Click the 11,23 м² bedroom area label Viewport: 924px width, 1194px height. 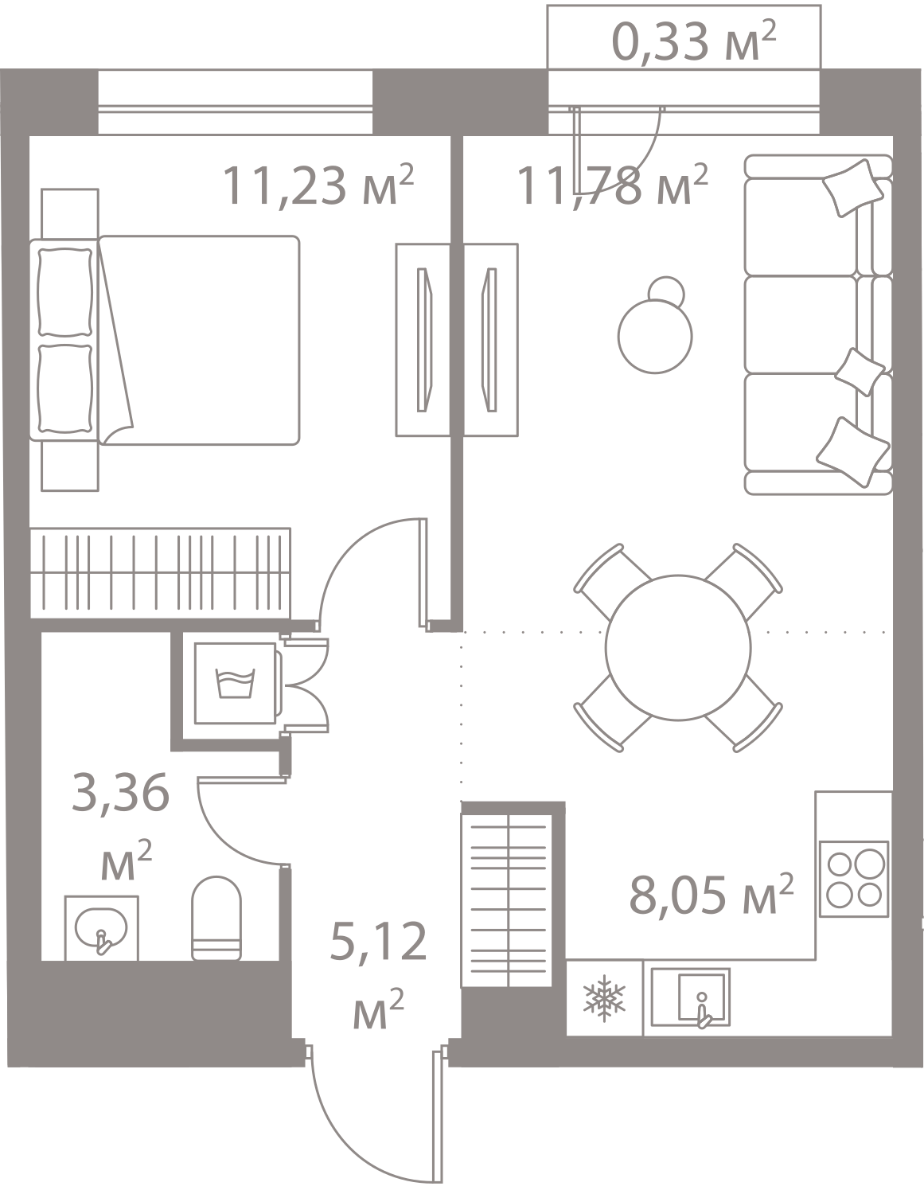pos(318,187)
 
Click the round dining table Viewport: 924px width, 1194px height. pos(677,646)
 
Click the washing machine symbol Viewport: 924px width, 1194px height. pos(235,682)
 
